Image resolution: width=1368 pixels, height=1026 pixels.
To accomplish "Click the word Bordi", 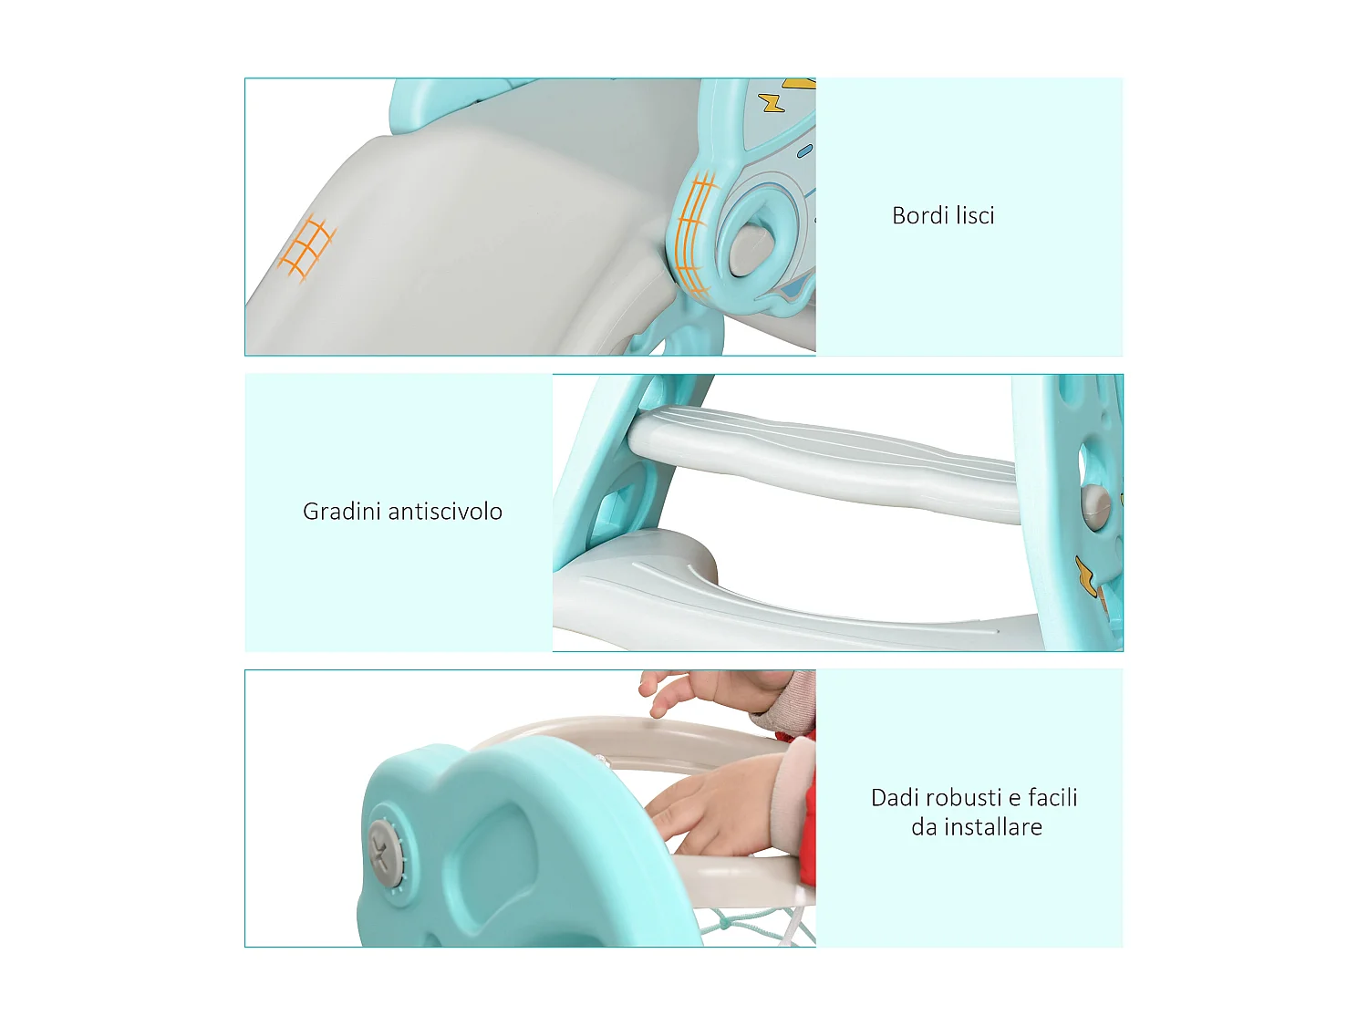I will (x=919, y=216).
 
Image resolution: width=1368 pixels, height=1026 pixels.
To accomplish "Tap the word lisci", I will (x=975, y=216).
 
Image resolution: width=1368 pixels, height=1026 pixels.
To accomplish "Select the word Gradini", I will (x=342, y=512).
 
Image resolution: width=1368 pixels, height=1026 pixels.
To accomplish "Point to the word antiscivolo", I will (x=446, y=512).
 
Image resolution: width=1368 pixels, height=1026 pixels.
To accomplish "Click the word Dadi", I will (x=895, y=798).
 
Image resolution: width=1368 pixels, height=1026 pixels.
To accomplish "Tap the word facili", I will (x=1052, y=798).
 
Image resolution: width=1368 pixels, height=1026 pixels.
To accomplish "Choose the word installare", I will (x=992, y=827).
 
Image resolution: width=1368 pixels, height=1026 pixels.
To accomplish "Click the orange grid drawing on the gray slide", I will (x=306, y=246).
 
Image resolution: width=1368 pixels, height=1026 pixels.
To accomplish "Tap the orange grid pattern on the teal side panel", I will (x=696, y=233).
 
